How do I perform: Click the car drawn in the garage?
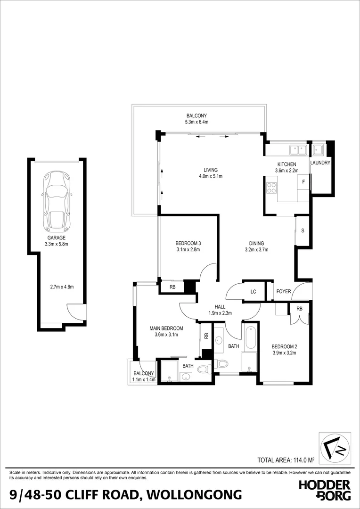click(x=57, y=200)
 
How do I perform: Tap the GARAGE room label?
click(x=56, y=238)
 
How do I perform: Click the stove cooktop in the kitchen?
click(x=271, y=188)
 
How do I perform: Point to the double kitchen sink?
click(x=298, y=150)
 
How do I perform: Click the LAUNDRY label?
click(x=320, y=163)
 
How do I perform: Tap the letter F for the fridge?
click(x=303, y=181)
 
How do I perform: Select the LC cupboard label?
click(x=253, y=292)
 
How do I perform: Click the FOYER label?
click(x=283, y=291)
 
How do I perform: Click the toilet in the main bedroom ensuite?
click(x=204, y=369)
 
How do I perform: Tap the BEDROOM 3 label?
click(x=188, y=243)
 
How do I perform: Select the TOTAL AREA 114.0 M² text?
click(x=286, y=460)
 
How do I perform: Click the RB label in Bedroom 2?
click(x=300, y=309)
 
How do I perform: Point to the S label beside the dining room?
click(x=302, y=230)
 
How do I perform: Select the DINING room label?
click(x=257, y=243)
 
